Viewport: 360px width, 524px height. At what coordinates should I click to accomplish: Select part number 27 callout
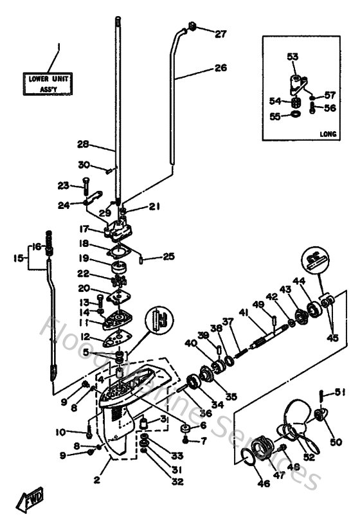click(221, 34)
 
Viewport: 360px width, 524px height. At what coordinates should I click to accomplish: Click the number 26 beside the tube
click(221, 68)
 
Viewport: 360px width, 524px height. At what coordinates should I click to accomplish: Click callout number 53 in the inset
click(292, 57)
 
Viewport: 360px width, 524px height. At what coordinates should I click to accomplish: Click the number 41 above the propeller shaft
click(243, 312)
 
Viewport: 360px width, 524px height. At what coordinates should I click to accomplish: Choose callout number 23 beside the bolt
click(62, 185)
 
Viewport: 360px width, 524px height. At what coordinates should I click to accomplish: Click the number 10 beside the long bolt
click(61, 431)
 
